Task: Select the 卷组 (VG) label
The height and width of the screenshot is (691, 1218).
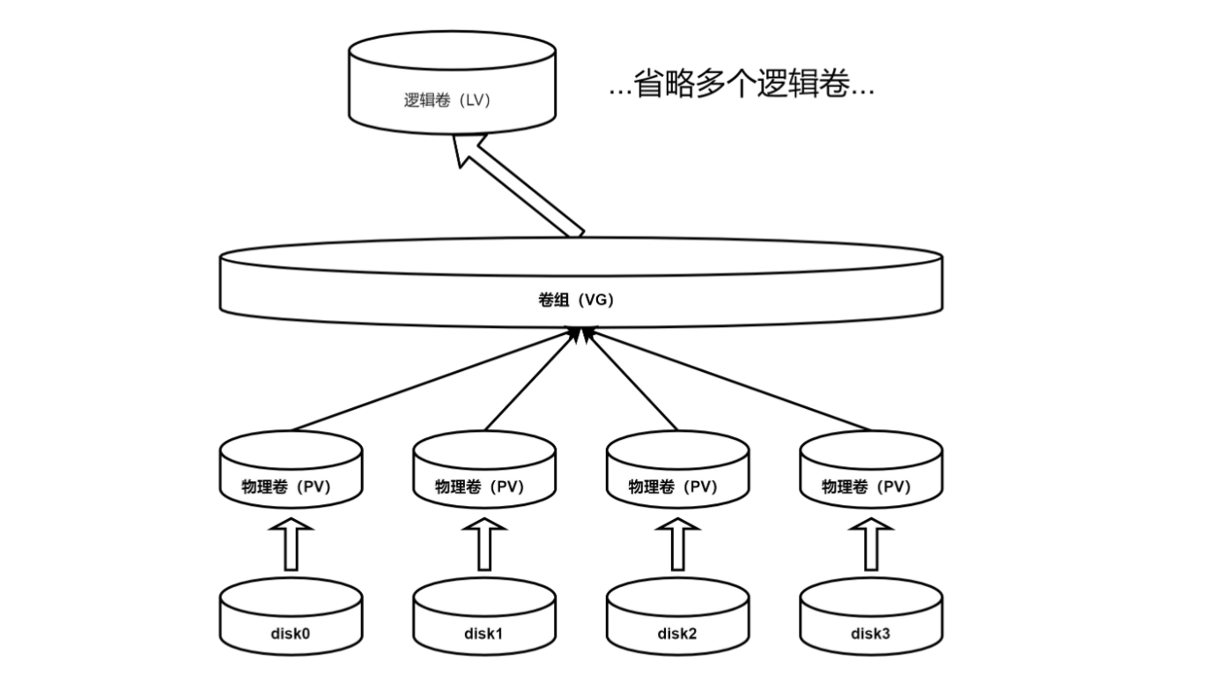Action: [575, 300]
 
